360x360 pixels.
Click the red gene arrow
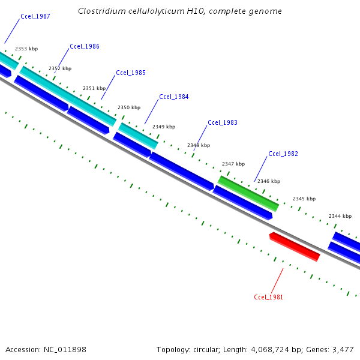click(x=295, y=247)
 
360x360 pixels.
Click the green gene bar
click(x=248, y=193)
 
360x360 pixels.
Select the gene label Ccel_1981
click(x=268, y=297)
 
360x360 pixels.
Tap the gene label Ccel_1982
click(x=283, y=154)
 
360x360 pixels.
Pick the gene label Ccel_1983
click(x=223, y=122)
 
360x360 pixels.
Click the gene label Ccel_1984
click(x=174, y=97)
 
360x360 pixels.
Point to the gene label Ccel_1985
click(x=131, y=73)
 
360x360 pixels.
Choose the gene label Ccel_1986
click(x=85, y=46)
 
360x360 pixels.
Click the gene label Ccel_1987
click(x=35, y=16)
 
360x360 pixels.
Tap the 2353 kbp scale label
click(x=26, y=49)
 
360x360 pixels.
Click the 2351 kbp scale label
click(x=94, y=88)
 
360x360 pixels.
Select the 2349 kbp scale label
click(x=164, y=127)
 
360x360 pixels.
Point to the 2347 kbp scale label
click(x=233, y=164)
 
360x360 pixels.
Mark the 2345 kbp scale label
click(x=304, y=199)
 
